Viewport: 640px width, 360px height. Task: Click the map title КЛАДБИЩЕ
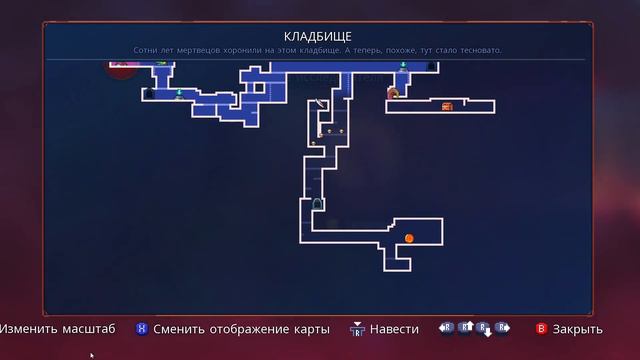click(319, 36)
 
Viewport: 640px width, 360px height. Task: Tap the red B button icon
click(542, 329)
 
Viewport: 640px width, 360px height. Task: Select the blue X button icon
click(142, 329)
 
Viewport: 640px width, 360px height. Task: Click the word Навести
click(395, 329)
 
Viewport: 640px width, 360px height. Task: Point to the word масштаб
click(86, 329)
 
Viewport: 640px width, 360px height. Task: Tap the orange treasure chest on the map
click(447, 105)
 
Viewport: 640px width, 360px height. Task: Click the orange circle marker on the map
click(409, 238)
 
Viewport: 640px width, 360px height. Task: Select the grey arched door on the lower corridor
click(318, 205)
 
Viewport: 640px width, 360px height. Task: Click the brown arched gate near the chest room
click(394, 94)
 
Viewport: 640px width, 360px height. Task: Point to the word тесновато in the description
click(475, 50)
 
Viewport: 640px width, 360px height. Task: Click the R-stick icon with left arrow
click(446, 327)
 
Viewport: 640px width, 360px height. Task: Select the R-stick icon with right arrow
click(502, 327)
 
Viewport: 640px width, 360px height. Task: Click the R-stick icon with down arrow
click(484, 328)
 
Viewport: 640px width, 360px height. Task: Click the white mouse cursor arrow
click(92, 355)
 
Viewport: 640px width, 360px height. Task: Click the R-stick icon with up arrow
click(465, 327)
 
